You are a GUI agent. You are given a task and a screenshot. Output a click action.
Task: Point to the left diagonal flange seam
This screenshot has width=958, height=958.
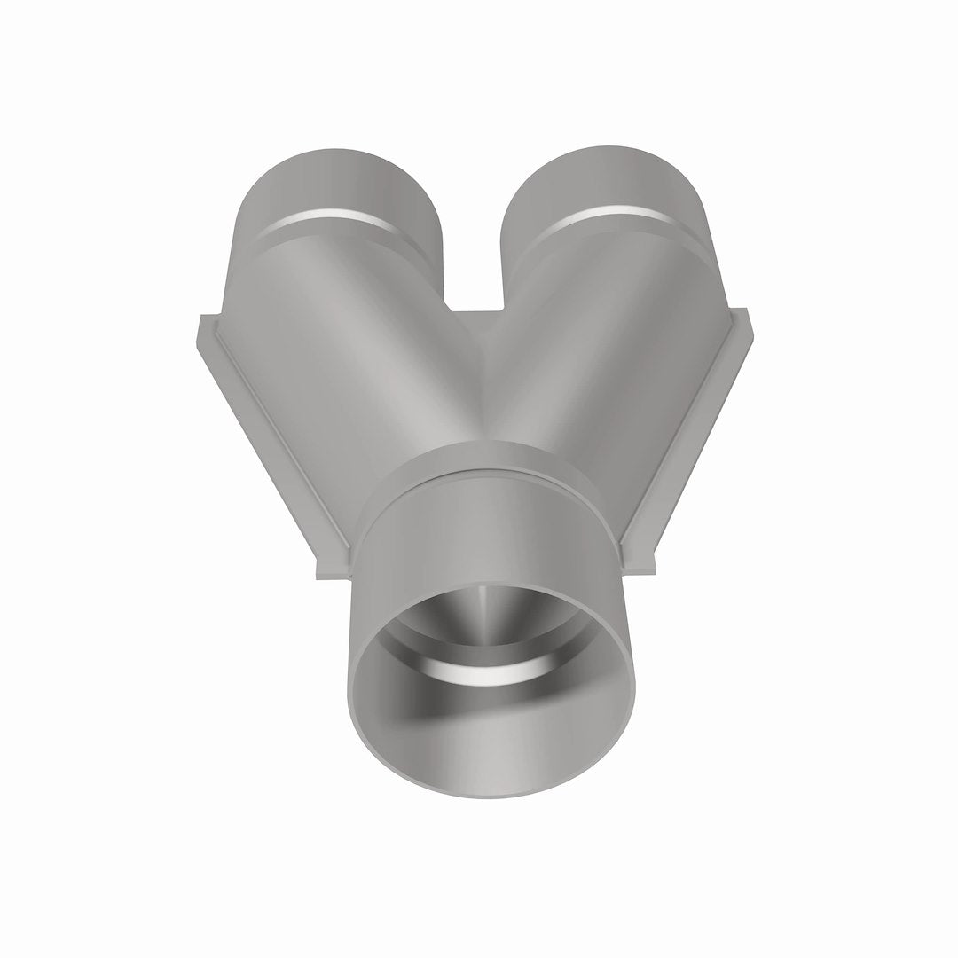(x=266, y=435)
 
